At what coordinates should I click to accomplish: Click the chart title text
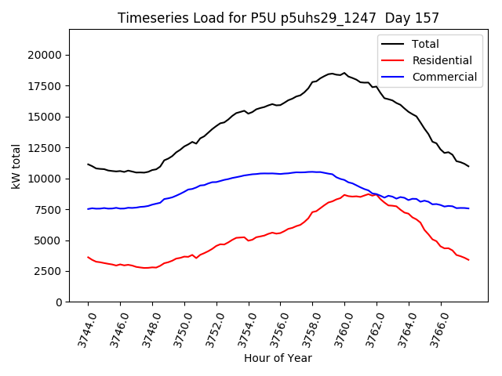tap(278, 17)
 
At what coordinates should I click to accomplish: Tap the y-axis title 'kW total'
tap(16, 166)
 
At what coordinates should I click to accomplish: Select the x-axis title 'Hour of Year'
tap(278, 358)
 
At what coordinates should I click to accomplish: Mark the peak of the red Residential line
tap(344, 195)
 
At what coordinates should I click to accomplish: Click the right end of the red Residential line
tap(469, 260)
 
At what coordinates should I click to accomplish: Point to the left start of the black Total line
tap(88, 164)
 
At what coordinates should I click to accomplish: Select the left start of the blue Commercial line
tap(88, 209)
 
